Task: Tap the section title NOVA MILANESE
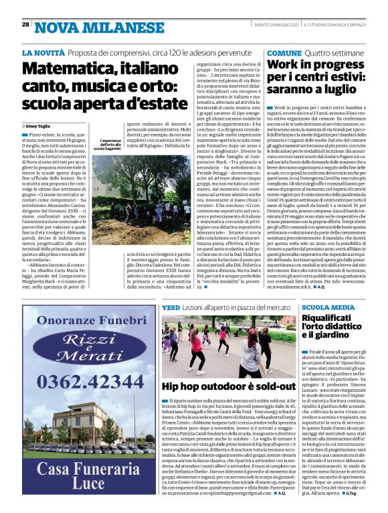(81, 27)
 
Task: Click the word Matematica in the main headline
(66, 69)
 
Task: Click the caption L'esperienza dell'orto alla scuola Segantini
(108, 144)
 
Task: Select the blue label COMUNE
(284, 52)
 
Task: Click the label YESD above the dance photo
(171, 305)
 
